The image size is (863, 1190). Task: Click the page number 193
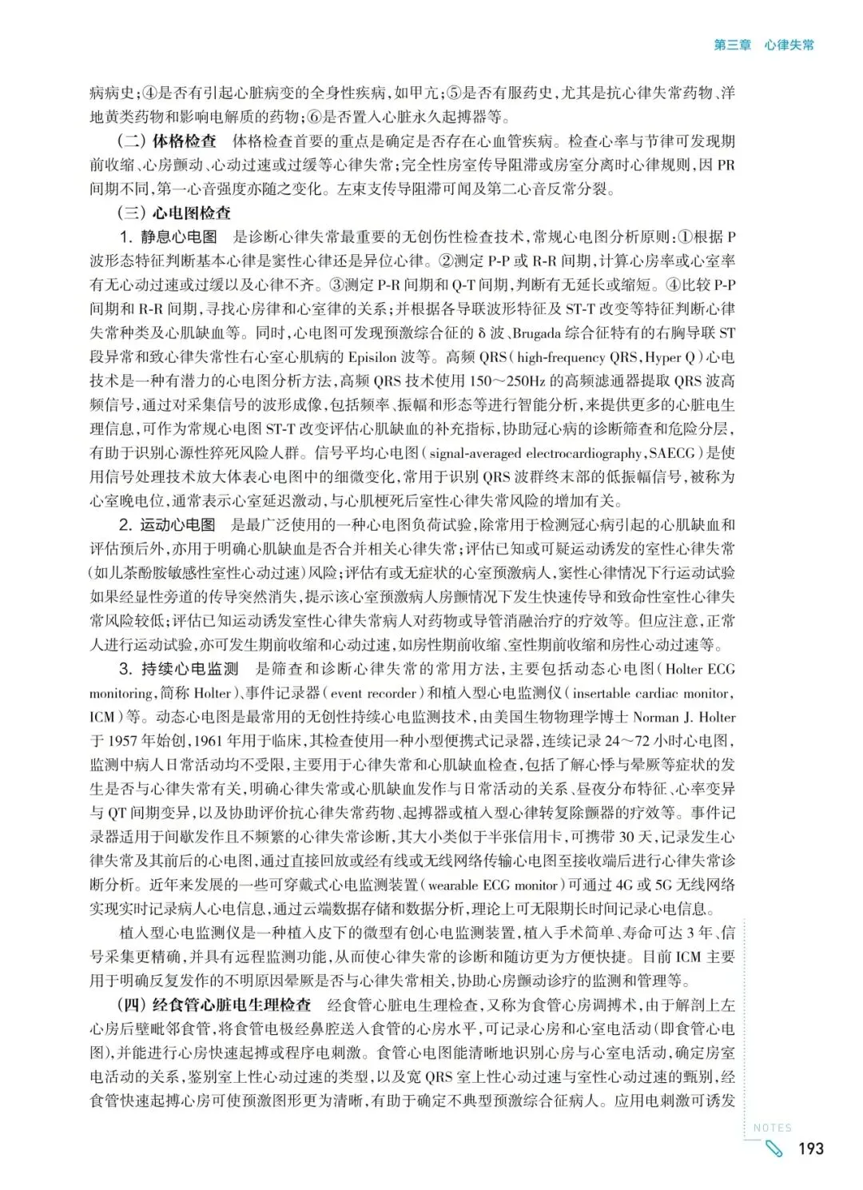pyautogui.click(x=810, y=1148)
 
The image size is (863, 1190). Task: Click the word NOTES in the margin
pyautogui.click(x=773, y=1128)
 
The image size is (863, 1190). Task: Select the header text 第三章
pyautogui.click(x=732, y=46)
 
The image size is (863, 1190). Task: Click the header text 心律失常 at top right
pyautogui.click(x=789, y=46)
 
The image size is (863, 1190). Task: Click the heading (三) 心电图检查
pyautogui.click(x=174, y=213)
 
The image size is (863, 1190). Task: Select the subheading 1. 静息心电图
pyautogui.click(x=169, y=237)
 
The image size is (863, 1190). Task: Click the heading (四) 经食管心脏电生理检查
pyautogui.click(x=214, y=1005)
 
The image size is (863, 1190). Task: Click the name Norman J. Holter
pyautogui.click(x=684, y=717)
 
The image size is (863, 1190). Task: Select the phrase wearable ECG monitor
pyautogui.click(x=493, y=885)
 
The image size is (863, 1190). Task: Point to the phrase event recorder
pyautogui.click(x=373, y=693)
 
